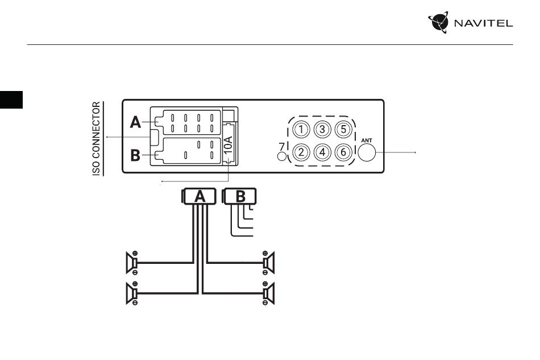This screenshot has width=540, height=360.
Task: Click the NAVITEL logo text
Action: pyautogui.click(x=483, y=23)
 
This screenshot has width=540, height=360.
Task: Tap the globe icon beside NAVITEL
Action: pyautogui.click(x=438, y=22)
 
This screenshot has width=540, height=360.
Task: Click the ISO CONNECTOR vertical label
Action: pyautogui.click(x=97, y=139)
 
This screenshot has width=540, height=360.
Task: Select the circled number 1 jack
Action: pyautogui.click(x=301, y=130)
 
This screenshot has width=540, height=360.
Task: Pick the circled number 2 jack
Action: pyautogui.click(x=301, y=152)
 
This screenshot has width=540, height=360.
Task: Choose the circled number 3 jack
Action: pyautogui.click(x=322, y=130)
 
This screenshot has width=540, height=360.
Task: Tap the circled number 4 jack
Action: pyautogui.click(x=322, y=152)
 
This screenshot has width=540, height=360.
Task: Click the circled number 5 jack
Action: pyautogui.click(x=343, y=130)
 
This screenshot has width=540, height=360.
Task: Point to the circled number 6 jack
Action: pyautogui.click(x=343, y=152)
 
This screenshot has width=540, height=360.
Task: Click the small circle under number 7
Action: pyautogui.click(x=282, y=156)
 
